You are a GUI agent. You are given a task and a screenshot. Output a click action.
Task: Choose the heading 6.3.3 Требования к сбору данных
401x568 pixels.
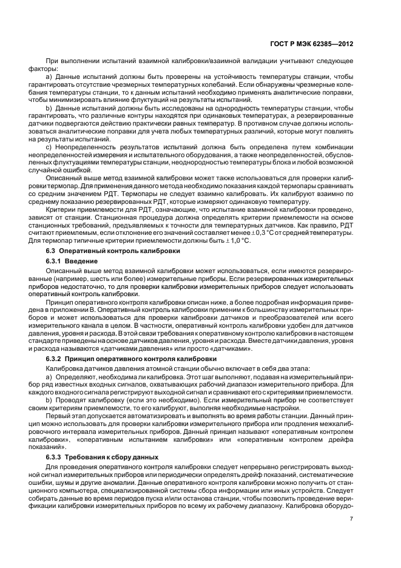click(x=98, y=457)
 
